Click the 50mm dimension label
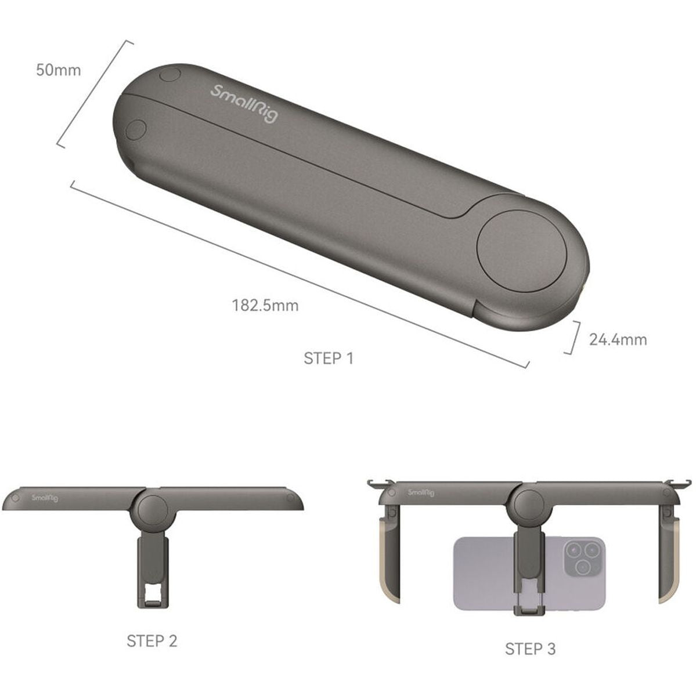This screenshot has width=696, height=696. point(58,70)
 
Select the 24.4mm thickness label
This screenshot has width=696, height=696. point(617,339)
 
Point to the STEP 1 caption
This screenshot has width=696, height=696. point(328,358)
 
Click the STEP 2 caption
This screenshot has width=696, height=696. point(152,641)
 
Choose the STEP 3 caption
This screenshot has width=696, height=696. point(529,648)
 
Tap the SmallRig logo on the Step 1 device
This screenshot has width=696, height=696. point(244,103)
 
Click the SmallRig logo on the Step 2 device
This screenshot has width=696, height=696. point(45,498)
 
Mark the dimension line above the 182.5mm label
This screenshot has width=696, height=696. point(299,274)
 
